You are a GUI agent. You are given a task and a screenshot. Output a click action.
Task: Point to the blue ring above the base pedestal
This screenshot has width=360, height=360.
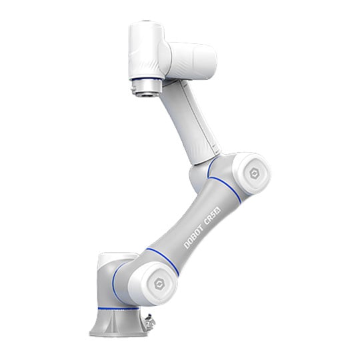click(119, 308)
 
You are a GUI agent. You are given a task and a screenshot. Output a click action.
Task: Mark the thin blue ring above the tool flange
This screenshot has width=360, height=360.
click(146, 79)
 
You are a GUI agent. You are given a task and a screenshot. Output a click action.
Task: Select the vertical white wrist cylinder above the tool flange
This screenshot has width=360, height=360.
click(146, 51)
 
